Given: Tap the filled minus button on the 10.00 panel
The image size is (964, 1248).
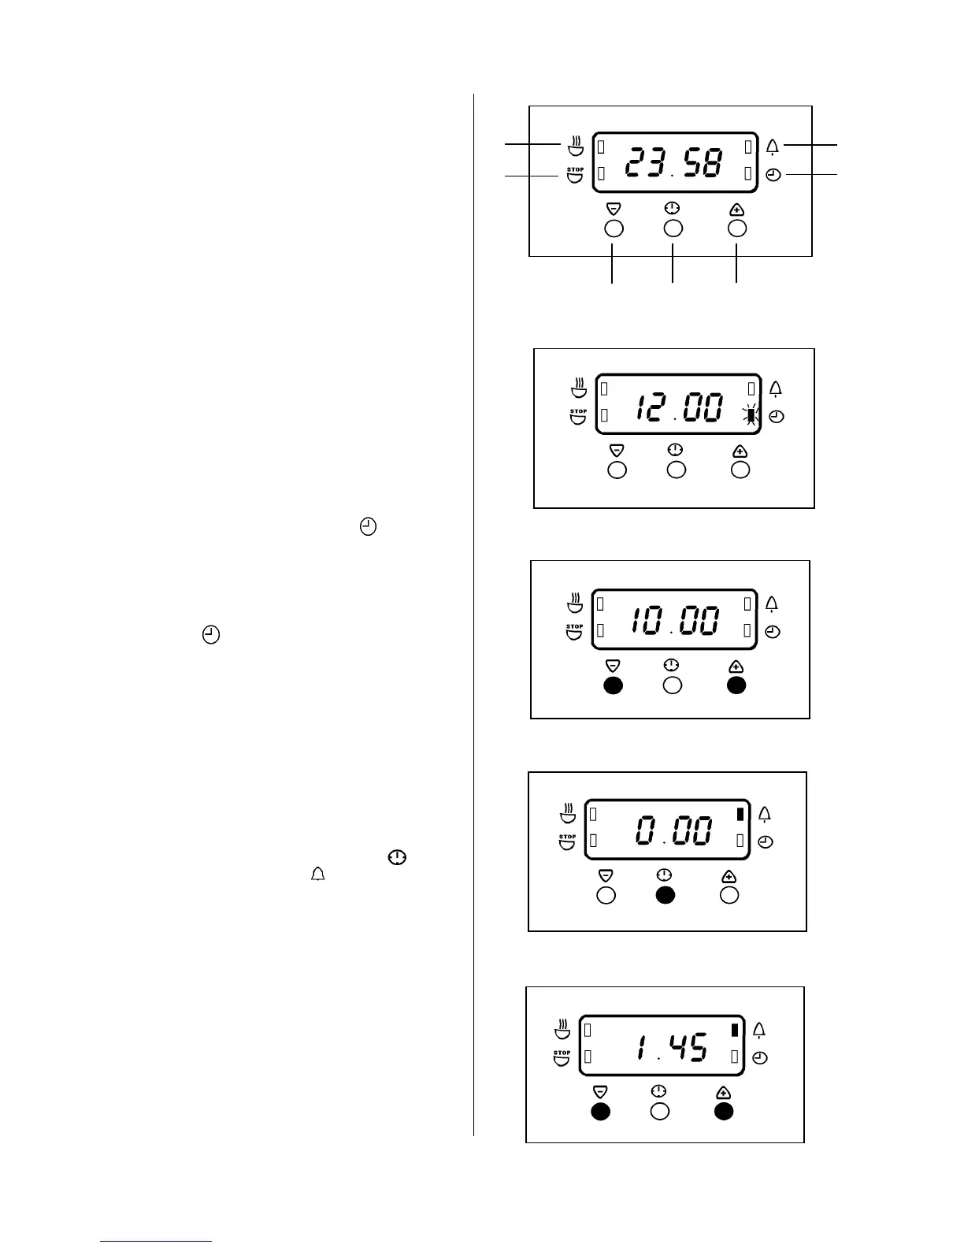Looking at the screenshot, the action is (x=613, y=685).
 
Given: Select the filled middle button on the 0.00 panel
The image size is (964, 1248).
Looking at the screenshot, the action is (x=666, y=895).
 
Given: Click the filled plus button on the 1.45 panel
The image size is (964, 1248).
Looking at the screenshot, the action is (x=724, y=1111).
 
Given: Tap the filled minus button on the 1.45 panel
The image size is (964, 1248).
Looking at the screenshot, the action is (x=601, y=1111).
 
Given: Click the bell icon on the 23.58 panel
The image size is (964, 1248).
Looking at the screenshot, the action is (x=773, y=147).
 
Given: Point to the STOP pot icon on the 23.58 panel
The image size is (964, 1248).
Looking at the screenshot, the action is (x=576, y=175).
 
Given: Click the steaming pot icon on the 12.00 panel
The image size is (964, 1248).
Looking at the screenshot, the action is (x=579, y=388).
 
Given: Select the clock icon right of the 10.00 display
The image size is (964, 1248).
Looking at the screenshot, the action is (x=773, y=632).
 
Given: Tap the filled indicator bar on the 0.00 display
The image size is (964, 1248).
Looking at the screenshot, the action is (x=740, y=814).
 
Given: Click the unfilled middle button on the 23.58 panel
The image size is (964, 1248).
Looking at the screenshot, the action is (x=673, y=228).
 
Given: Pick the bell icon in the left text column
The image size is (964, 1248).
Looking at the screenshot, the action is (x=318, y=875).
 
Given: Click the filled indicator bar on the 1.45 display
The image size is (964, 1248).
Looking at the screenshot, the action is (x=735, y=1029).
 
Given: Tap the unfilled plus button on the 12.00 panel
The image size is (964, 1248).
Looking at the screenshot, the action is (x=740, y=470).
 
